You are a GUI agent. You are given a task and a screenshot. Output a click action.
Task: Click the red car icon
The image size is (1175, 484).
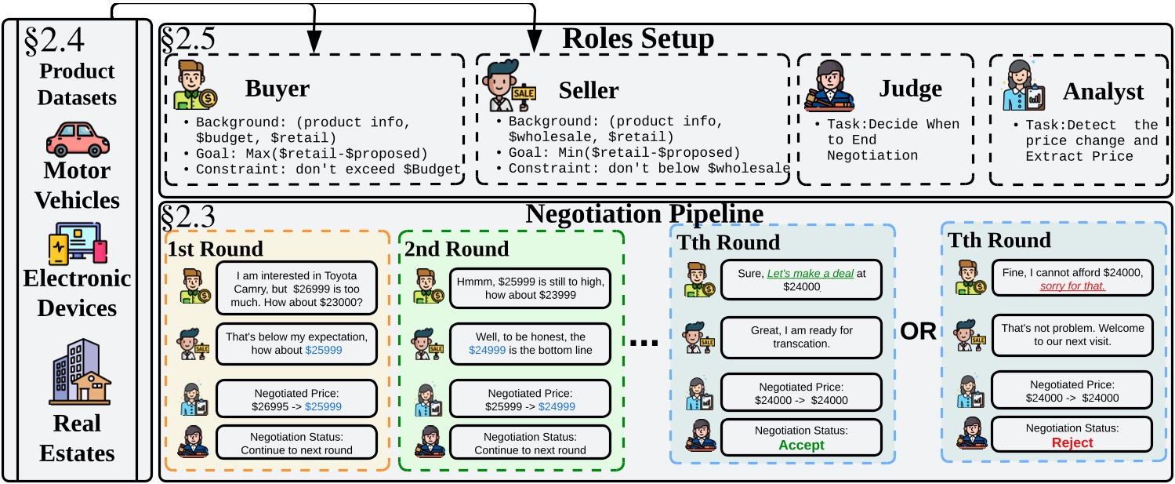click(x=78, y=139)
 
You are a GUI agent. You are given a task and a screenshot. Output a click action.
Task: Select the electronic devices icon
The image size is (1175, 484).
click(x=78, y=242)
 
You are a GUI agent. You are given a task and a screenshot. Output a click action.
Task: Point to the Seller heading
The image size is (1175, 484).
click(x=588, y=90)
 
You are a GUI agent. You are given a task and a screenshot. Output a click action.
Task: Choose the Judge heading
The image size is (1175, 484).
click(x=910, y=89)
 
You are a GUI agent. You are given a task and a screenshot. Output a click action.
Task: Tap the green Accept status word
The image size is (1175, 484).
click(x=801, y=445)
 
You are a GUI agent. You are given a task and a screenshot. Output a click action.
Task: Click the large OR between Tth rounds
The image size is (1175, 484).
click(x=918, y=331)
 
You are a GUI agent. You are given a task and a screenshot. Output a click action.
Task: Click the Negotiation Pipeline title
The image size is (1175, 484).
click(x=644, y=214)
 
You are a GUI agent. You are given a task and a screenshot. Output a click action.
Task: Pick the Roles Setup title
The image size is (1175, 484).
click(x=638, y=38)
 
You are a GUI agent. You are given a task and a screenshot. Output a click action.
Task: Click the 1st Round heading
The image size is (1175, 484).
click(x=215, y=249)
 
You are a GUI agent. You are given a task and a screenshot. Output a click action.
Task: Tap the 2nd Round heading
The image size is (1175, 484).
click(x=457, y=249)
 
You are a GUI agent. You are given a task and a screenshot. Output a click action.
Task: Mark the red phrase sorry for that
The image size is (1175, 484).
click(x=1072, y=286)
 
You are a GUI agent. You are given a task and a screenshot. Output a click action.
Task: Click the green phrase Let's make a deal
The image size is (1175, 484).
click(x=808, y=273)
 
